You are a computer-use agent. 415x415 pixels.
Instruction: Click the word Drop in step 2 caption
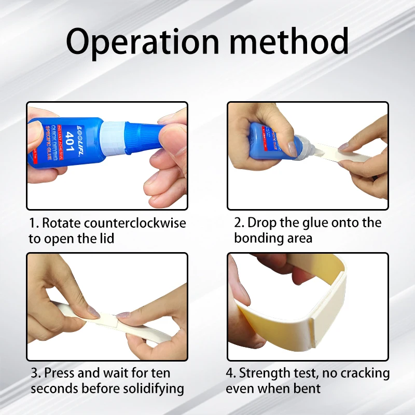click(x=262, y=223)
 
